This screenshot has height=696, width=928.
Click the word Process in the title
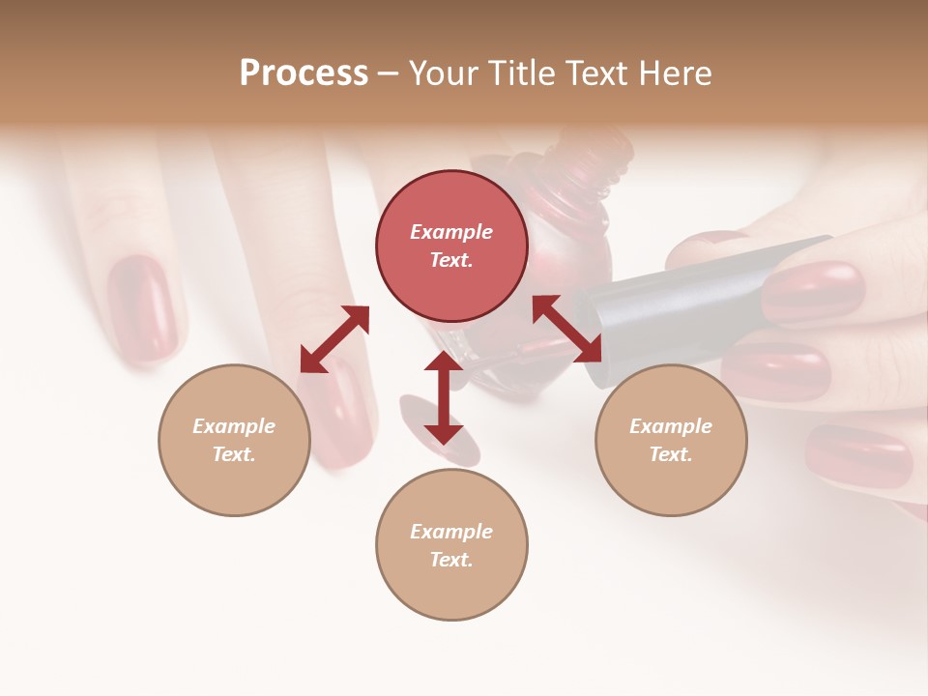coord(304,73)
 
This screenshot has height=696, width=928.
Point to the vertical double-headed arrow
coord(444,397)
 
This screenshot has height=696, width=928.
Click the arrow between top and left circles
coord(334,339)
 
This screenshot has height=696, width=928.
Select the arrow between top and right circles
coord(567,329)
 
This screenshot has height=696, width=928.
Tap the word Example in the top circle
coord(451,232)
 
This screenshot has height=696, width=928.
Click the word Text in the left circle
coord(234,454)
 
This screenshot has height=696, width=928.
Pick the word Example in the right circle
coord(671,426)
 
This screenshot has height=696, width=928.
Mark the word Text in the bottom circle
coord(451,560)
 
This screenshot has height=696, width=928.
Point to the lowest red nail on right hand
coord(858,454)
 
